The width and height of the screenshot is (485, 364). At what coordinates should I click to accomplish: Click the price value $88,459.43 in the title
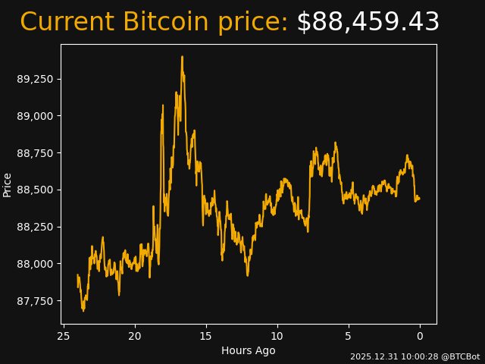coord(368,23)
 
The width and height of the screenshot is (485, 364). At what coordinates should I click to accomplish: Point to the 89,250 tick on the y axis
coord(36,79)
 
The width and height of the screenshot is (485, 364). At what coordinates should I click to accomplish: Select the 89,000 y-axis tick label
coord(36,116)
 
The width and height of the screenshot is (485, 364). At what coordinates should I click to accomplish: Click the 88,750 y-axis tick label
coord(36,153)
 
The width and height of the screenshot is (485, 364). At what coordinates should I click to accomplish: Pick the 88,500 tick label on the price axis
coord(36,190)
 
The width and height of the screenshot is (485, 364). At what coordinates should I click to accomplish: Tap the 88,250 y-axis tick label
coord(36,227)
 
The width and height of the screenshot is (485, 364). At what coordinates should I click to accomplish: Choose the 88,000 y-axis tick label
coord(36,264)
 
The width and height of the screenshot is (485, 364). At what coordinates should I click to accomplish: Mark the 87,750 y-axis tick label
coord(36,301)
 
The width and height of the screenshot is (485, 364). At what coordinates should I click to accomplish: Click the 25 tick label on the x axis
coord(64,336)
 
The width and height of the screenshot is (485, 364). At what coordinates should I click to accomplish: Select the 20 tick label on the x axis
coord(135,336)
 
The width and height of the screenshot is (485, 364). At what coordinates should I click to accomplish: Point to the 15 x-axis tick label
coord(206,336)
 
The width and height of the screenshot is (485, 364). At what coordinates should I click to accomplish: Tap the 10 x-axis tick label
coord(277,336)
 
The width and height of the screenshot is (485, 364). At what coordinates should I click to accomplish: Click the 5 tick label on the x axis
coord(349,336)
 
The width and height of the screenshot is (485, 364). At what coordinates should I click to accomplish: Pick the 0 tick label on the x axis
coord(420,336)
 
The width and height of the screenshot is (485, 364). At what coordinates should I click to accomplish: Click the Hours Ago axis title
coord(249,350)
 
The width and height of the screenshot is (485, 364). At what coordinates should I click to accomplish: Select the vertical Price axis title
coord(8,184)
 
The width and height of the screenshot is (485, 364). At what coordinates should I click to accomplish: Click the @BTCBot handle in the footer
coord(461,356)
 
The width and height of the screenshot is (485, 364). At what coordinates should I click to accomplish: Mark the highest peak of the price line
coord(182,57)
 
